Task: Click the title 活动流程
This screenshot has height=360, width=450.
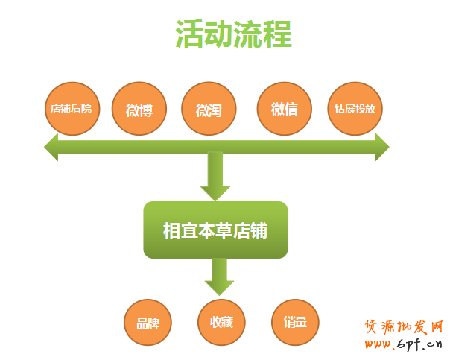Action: tap(233, 34)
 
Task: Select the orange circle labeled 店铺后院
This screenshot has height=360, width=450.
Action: tap(71, 108)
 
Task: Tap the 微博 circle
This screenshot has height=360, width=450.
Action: tap(139, 110)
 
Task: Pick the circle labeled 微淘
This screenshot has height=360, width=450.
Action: tap(209, 110)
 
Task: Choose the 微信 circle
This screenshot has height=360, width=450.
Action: tap(284, 109)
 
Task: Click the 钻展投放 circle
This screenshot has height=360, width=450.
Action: tap(355, 108)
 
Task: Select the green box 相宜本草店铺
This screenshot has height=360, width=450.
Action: tap(215, 230)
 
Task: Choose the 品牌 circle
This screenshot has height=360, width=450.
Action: tap(148, 323)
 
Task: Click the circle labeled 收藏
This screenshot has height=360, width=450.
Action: tap(221, 323)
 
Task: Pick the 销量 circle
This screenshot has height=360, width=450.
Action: tap(295, 323)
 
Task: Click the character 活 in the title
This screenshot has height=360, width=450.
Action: tap(189, 34)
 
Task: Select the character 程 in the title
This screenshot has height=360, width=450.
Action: tap(276, 34)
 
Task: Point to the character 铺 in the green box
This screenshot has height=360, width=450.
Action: tap(259, 230)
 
